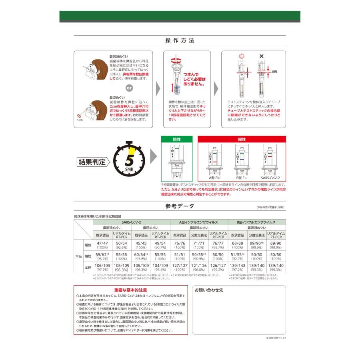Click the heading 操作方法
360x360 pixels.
[x=180, y=41]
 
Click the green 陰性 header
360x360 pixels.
[x=176, y=139]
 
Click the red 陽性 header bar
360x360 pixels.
[x=242, y=139]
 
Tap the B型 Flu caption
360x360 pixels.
[x=242, y=177]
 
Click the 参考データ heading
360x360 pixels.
[x=180, y=206]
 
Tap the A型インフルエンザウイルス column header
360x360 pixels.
[x=199, y=222]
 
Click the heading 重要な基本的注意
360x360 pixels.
[x=130, y=290]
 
